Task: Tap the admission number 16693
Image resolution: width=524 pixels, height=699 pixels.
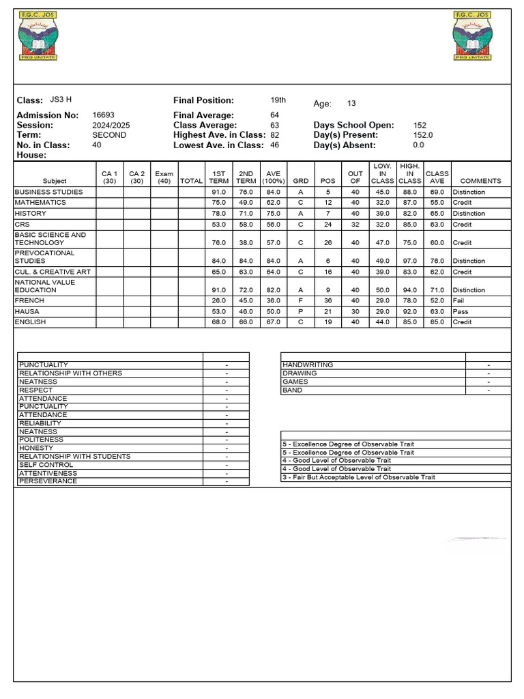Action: pos(103,115)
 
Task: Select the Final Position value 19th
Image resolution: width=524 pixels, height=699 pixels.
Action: pos(278,100)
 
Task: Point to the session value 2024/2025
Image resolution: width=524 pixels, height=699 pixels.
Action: pos(111,126)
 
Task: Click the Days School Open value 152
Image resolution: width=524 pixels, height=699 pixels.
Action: pos(420,126)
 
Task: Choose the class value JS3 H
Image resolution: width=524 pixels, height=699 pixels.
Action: pos(61,100)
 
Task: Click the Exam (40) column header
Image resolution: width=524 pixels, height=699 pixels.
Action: pos(164,177)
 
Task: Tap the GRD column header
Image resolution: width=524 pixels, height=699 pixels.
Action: pos(300,181)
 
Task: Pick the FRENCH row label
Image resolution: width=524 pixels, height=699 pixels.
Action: pos(29,300)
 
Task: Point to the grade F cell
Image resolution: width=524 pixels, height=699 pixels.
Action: pos(300,300)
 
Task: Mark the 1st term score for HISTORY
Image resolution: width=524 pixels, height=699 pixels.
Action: pos(219,214)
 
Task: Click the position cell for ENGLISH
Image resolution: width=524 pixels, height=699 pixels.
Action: pos(328,322)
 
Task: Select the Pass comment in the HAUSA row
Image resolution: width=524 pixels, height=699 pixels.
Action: pos(461,311)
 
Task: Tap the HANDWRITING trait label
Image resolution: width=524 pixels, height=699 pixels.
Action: pos(308,365)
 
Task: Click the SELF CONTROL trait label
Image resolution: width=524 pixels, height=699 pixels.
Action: pos(42,465)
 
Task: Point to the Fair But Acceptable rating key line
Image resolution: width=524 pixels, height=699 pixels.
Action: pos(358,477)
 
